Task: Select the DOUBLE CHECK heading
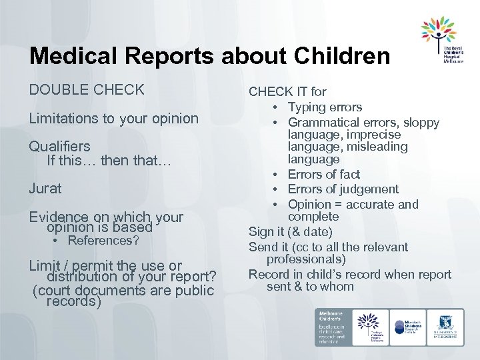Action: coord(87,89)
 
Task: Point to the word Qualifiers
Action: coord(59,146)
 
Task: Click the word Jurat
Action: coord(45,189)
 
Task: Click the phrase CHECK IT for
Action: coord(287,92)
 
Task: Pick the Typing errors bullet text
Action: coord(325,107)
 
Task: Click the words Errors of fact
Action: coord(323,175)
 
